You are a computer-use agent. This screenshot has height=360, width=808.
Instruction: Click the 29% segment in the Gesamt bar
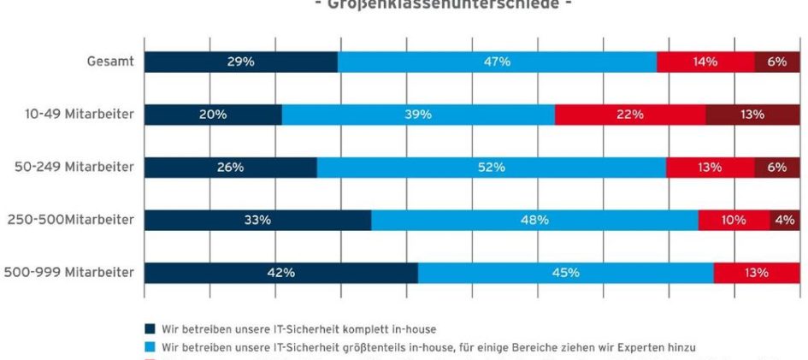[240, 62]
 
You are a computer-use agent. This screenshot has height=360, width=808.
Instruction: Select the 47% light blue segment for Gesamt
[497, 62]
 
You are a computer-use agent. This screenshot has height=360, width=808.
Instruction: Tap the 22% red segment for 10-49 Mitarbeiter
[630, 115]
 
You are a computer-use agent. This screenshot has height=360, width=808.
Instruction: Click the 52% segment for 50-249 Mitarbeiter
[491, 168]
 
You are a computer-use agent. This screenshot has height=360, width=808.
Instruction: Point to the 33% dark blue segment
[257, 220]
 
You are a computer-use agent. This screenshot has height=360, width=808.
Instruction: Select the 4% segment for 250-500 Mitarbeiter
[785, 220]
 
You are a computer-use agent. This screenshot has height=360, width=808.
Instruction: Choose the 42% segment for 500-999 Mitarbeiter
[280, 273]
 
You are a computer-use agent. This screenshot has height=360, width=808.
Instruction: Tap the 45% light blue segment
[565, 273]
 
